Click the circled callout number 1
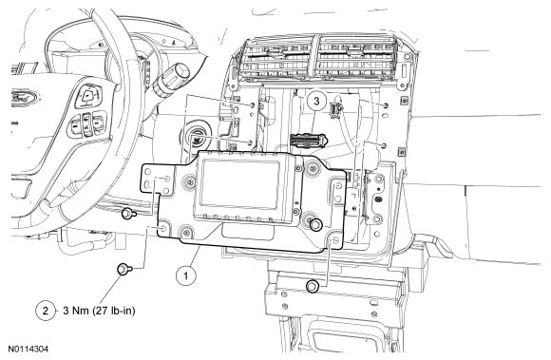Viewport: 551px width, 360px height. pos(186,275)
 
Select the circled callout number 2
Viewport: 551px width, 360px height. pos(46,311)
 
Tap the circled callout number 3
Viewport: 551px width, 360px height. pos(316,101)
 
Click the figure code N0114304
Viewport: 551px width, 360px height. pos(28,350)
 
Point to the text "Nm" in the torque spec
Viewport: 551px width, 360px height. pos(80,311)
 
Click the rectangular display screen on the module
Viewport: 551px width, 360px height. pos(240,183)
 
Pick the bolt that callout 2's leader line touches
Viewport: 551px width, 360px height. pos(124,270)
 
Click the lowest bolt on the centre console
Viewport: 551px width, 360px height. pos(312,286)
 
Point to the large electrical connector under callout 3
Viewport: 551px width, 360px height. pos(309,141)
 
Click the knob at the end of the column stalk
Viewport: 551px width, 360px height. pos(180,72)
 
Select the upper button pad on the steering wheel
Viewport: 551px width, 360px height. pos(88,96)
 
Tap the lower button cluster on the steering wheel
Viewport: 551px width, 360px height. pos(87,123)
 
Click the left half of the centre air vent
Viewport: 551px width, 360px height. pos(276,60)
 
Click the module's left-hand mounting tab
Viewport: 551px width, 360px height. pos(157,179)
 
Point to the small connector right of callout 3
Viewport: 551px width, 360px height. pos(335,108)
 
